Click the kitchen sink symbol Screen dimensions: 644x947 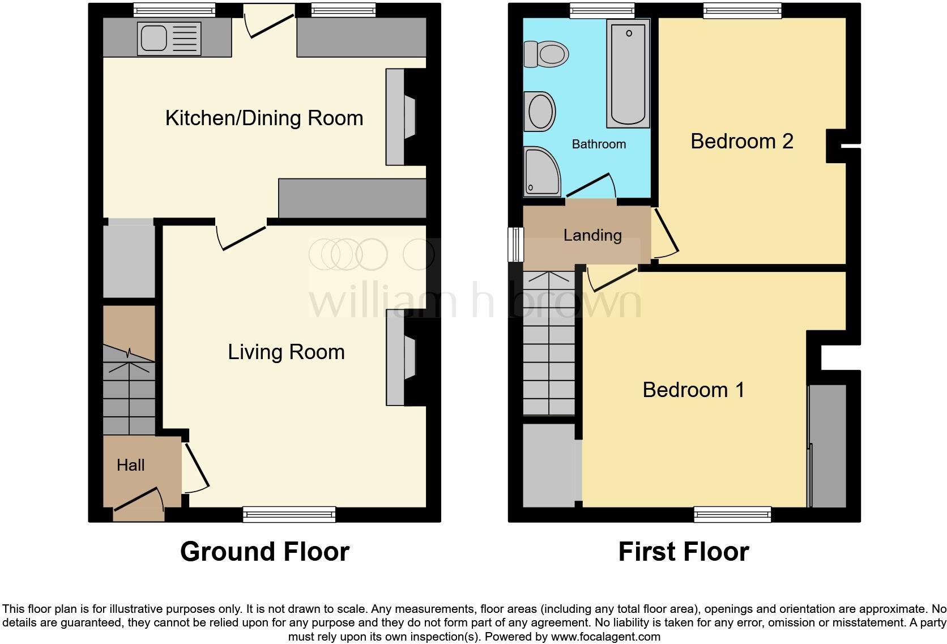coord(169,39)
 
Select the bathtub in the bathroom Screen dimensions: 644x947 coord(628,74)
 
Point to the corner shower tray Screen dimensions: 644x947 coord(541,172)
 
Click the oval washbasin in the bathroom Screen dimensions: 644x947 coord(541,112)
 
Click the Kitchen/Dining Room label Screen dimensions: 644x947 coord(264,118)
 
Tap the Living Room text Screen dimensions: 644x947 coord(286,352)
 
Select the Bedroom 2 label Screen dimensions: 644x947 coord(741,141)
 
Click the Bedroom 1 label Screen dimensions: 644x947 coord(693,390)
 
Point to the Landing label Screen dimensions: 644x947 coord(592,235)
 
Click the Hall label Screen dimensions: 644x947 coord(131,466)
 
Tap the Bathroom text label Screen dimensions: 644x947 coord(599,144)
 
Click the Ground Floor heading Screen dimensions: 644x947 coord(265,552)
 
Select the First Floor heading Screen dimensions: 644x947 coord(684,552)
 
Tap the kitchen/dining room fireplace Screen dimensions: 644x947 coord(401,117)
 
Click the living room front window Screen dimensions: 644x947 coord(289,514)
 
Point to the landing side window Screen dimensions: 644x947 coord(515,245)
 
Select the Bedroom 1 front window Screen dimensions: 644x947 coord(732,514)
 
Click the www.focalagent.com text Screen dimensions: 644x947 coord(605,637)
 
